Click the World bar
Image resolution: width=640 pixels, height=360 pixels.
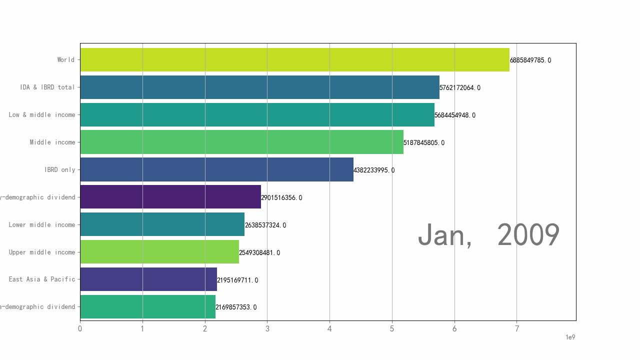pyautogui.click(x=294, y=60)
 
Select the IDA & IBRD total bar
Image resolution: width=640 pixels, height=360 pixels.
pyautogui.click(x=259, y=87)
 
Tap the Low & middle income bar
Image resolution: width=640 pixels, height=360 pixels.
pyautogui.click(x=257, y=114)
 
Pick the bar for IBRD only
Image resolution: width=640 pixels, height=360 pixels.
pyautogui.click(x=216, y=169)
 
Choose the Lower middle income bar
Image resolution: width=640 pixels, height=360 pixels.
pyautogui.click(x=162, y=224)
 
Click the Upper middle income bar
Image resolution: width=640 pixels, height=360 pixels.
pyautogui.click(x=159, y=252)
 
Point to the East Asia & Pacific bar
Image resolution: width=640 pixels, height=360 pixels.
pyautogui.click(x=148, y=279)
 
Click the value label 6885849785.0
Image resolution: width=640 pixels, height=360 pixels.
pyautogui.click(x=530, y=60)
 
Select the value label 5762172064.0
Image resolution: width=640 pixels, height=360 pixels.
pyautogui.click(x=460, y=88)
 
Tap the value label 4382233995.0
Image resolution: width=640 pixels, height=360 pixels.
pyautogui.click(x=374, y=170)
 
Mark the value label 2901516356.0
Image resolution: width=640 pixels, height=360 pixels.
pyautogui.click(x=281, y=198)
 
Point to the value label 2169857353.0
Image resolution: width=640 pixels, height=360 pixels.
pyautogui.click(x=236, y=307)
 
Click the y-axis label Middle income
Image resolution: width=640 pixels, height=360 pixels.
pyautogui.click(x=52, y=142)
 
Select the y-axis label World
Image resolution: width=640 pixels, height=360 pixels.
pyautogui.click(x=65, y=60)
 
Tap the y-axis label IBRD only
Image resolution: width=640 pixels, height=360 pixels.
pyautogui.click(x=59, y=170)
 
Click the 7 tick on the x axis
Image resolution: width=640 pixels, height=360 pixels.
pyautogui.click(x=517, y=328)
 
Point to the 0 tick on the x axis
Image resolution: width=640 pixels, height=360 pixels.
pyautogui.click(x=80, y=328)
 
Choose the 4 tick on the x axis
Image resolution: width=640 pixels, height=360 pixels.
pyautogui.click(x=329, y=328)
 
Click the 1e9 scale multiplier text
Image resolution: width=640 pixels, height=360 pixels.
pyautogui.click(x=570, y=337)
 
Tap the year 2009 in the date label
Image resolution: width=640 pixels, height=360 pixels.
pyautogui.click(x=528, y=234)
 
